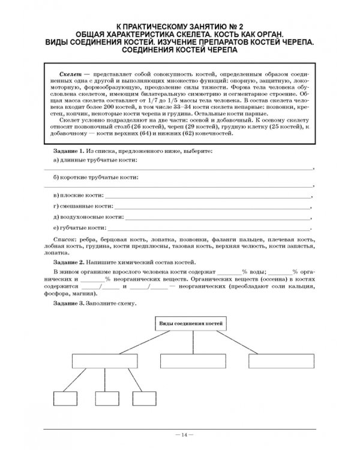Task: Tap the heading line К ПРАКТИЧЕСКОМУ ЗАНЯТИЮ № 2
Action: point(180,26)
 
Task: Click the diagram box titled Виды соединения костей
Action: point(190,324)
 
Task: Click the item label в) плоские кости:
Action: point(77,196)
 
